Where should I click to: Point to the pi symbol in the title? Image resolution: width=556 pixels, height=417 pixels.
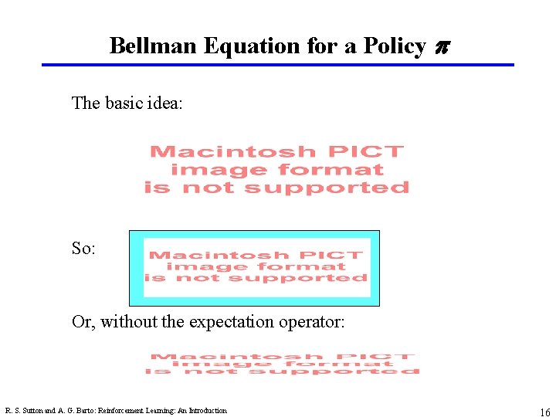coord(442,48)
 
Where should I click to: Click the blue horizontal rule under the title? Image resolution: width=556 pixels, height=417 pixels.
coord(278,65)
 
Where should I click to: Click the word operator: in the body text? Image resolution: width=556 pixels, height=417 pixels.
coord(314,321)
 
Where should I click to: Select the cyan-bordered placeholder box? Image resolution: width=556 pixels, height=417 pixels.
coord(254,268)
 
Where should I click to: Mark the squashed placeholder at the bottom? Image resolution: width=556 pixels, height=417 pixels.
coord(283,364)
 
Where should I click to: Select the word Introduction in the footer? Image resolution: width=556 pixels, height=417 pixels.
coord(206,411)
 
